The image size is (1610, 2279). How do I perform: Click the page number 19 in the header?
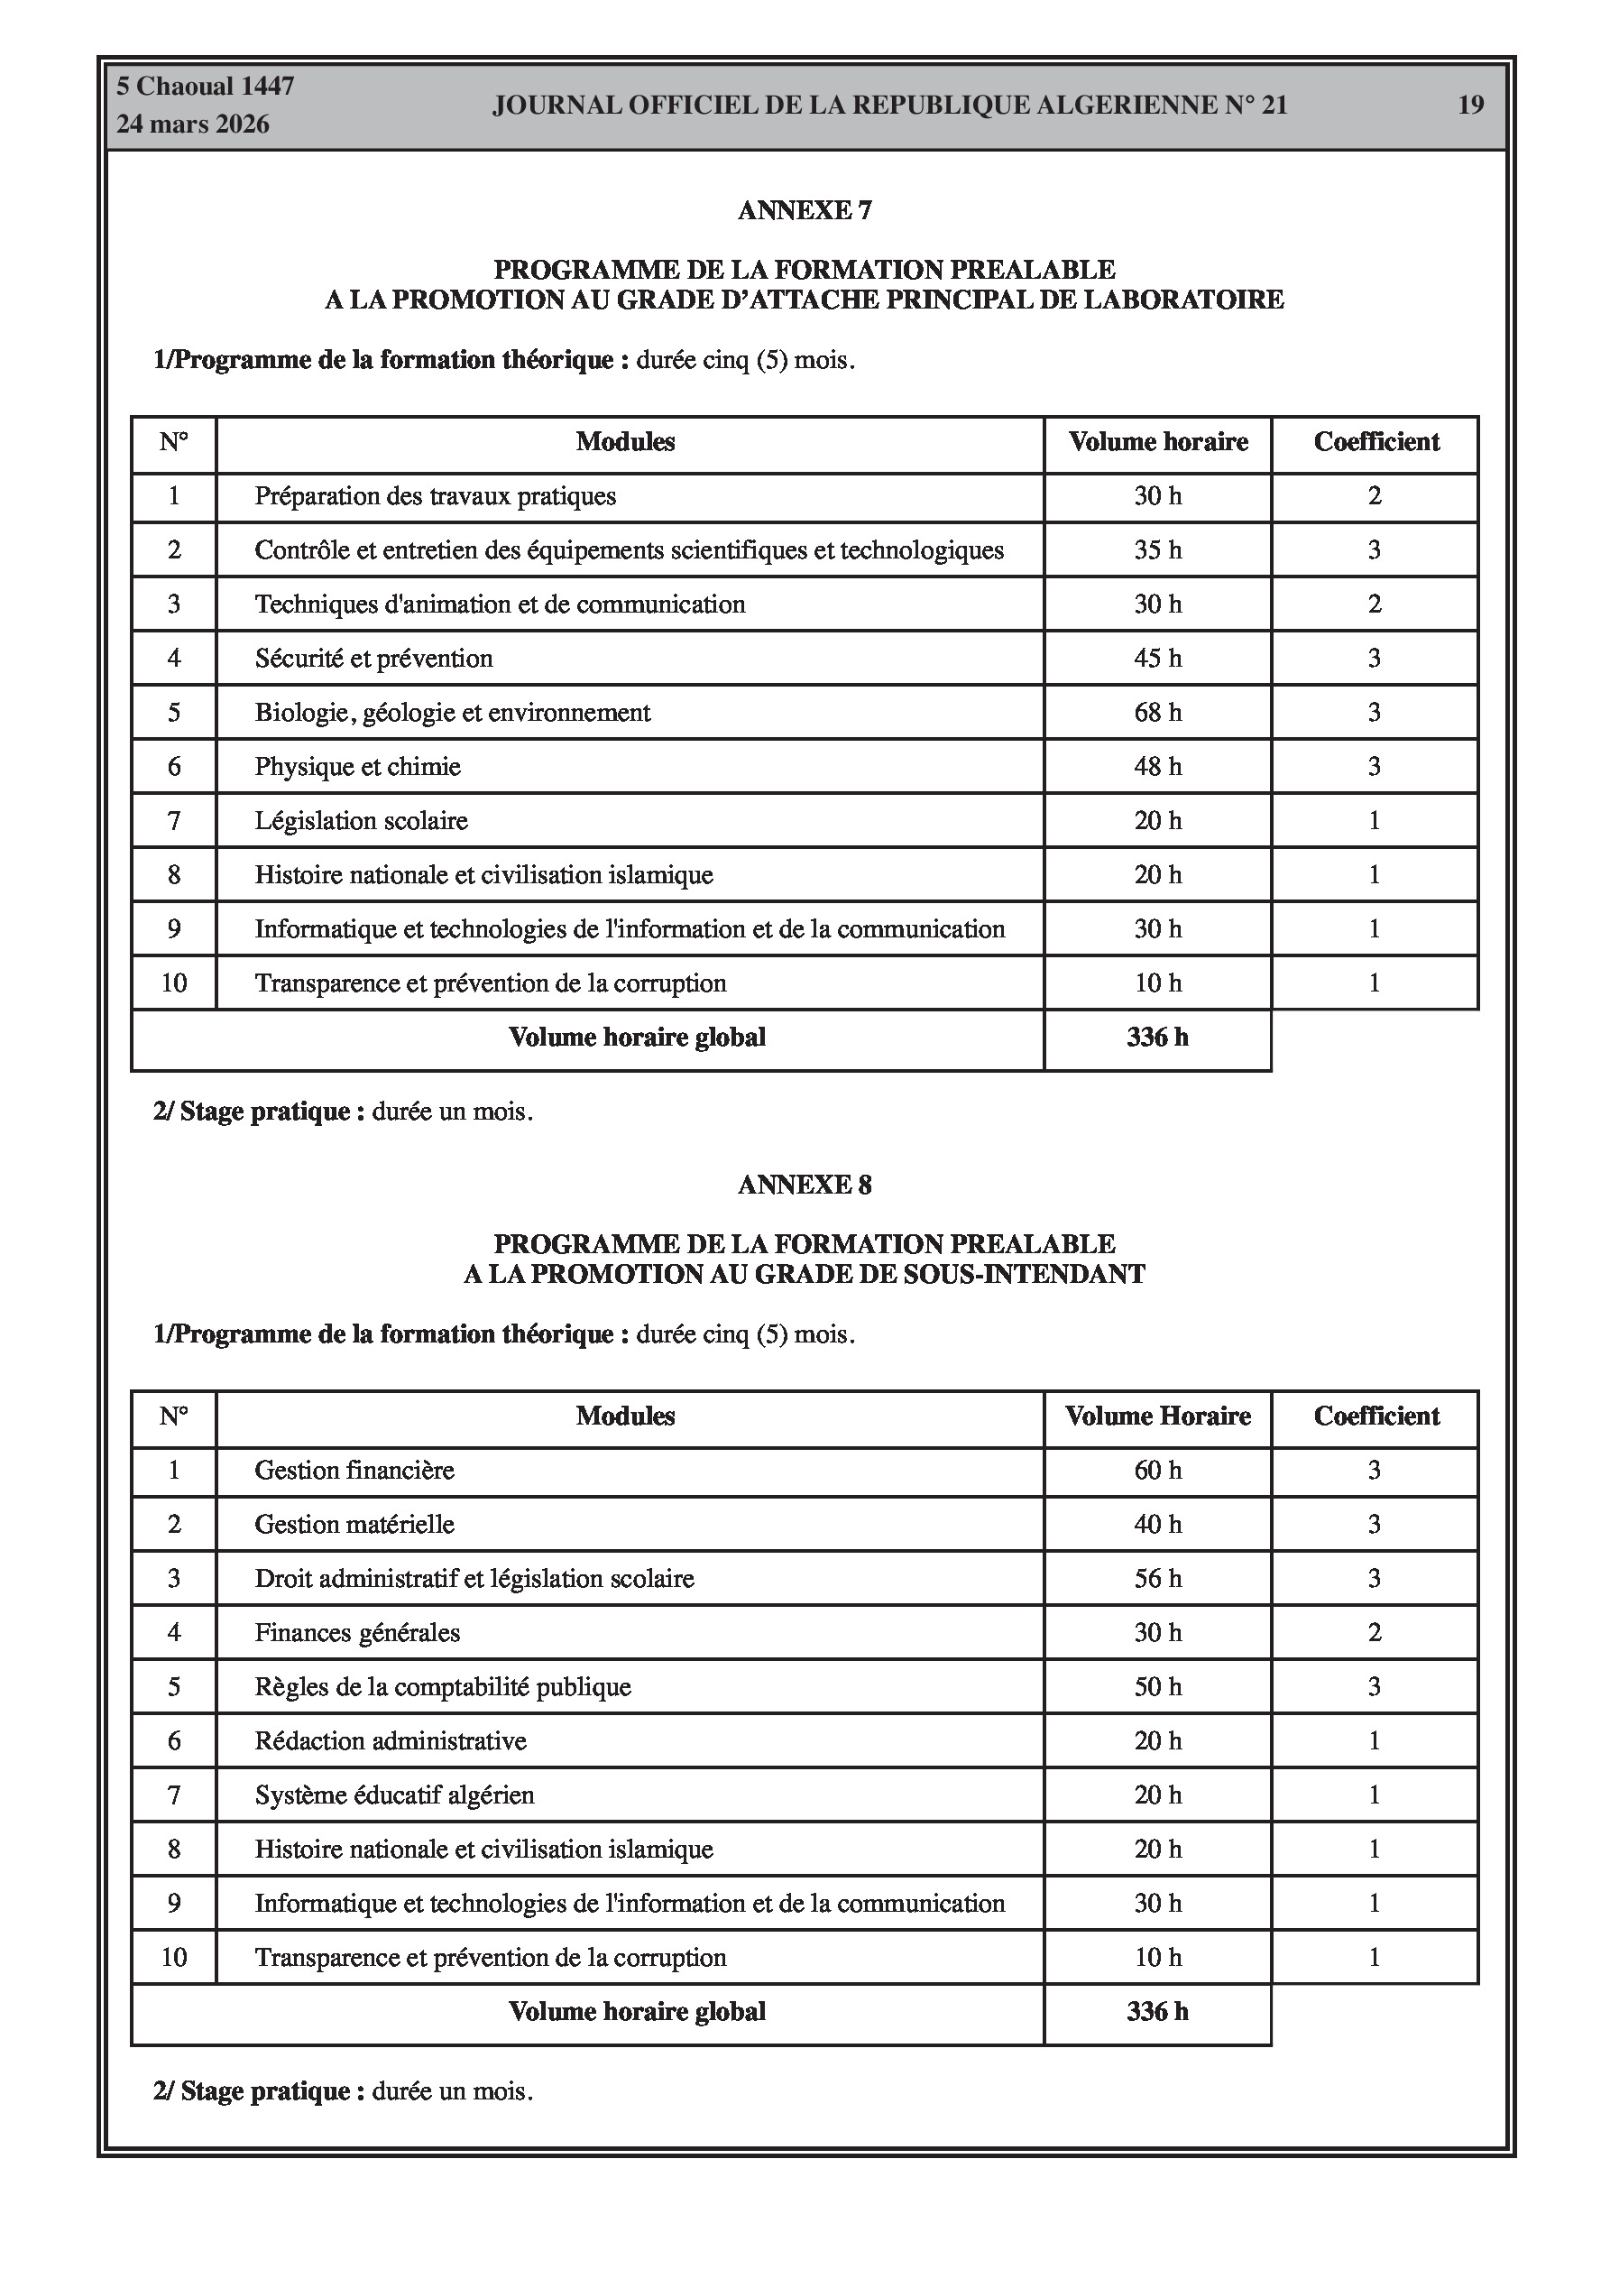click(x=1470, y=105)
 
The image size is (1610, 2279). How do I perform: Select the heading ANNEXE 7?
click(x=804, y=210)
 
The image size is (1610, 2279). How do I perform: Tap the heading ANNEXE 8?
click(x=804, y=1185)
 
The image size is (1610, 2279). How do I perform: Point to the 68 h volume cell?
click(x=1157, y=713)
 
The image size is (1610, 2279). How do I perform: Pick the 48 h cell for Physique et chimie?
click(x=1157, y=766)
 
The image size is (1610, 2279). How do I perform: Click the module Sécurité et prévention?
click(x=373, y=658)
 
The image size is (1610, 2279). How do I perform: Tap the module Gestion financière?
click(x=354, y=1470)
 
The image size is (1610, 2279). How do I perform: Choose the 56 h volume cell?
click(x=1157, y=1578)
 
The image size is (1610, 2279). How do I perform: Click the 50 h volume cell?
click(x=1157, y=1686)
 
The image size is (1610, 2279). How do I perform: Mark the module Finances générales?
click(x=357, y=1633)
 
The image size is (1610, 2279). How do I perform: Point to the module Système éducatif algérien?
click(x=394, y=1795)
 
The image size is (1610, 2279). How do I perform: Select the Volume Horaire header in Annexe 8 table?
click(x=1157, y=1416)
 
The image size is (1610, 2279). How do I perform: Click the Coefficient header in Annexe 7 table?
click(x=1375, y=442)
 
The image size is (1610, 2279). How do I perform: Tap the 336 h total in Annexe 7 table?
click(x=1157, y=1038)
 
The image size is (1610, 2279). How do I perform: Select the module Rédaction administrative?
click(x=390, y=1741)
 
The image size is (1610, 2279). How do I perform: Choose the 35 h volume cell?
click(x=1157, y=549)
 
